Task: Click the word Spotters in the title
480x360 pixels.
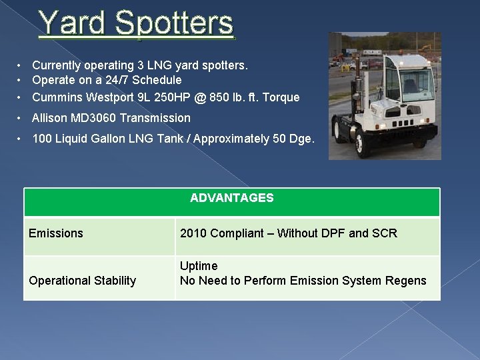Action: (x=174, y=23)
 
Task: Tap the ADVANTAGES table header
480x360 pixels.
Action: (x=231, y=198)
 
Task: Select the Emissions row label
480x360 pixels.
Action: (x=56, y=233)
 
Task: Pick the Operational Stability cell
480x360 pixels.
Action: (x=83, y=281)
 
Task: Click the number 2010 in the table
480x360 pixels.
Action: (x=193, y=233)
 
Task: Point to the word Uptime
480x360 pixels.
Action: (x=199, y=266)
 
